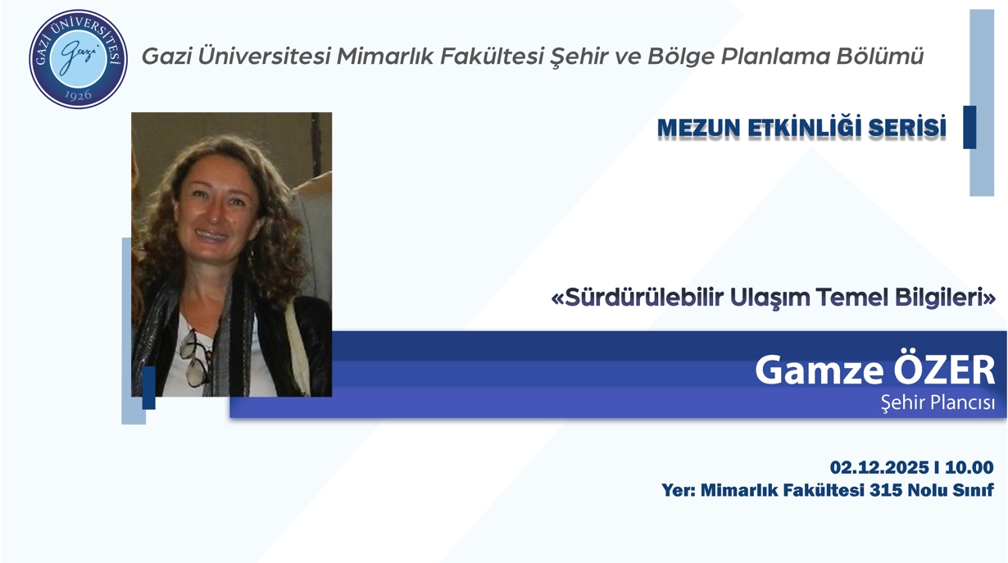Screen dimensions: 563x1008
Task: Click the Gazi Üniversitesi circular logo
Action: [x=79, y=58]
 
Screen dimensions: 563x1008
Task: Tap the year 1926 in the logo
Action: [x=79, y=94]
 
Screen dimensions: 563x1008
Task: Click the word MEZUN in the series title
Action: [x=699, y=129]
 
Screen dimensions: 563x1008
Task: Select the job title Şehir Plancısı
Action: [x=938, y=403]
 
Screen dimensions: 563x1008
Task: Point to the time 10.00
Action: [x=969, y=468]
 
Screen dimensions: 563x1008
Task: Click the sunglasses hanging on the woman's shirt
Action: [x=195, y=358]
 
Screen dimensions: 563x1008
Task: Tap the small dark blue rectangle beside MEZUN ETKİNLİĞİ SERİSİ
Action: [x=969, y=127]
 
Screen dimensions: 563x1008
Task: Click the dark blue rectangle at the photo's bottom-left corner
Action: [x=148, y=388]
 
